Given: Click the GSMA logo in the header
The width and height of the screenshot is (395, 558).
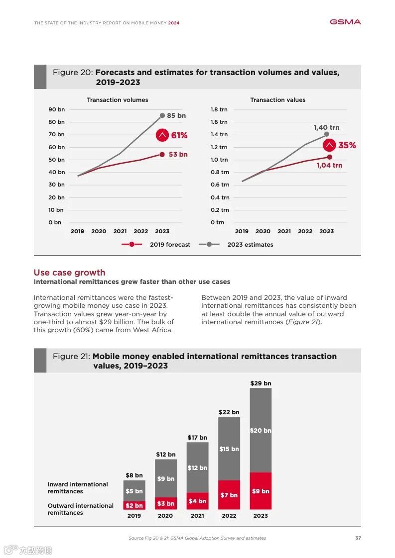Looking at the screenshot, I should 345,22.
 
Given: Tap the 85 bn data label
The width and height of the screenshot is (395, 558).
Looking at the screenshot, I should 176,116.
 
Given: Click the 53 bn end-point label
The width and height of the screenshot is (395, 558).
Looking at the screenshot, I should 178,155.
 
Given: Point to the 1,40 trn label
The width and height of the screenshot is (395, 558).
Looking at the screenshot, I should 326,128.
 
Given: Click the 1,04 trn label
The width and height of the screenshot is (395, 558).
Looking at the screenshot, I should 329,165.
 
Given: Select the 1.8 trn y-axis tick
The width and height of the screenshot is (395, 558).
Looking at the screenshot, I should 219,109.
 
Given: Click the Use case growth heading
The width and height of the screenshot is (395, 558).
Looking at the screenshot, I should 69,273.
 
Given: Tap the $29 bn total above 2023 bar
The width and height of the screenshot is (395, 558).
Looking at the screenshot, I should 261,383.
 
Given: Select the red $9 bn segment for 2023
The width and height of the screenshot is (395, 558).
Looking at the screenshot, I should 261,491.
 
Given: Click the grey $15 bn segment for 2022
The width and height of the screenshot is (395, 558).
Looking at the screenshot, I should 229,449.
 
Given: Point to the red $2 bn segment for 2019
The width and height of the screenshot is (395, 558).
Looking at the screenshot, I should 134,505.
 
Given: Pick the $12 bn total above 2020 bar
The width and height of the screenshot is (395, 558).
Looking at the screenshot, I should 165,455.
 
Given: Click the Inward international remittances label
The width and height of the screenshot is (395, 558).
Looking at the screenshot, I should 78,488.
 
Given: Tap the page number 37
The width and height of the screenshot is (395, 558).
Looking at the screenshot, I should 358,538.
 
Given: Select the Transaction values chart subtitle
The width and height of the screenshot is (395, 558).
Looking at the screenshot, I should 277,100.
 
